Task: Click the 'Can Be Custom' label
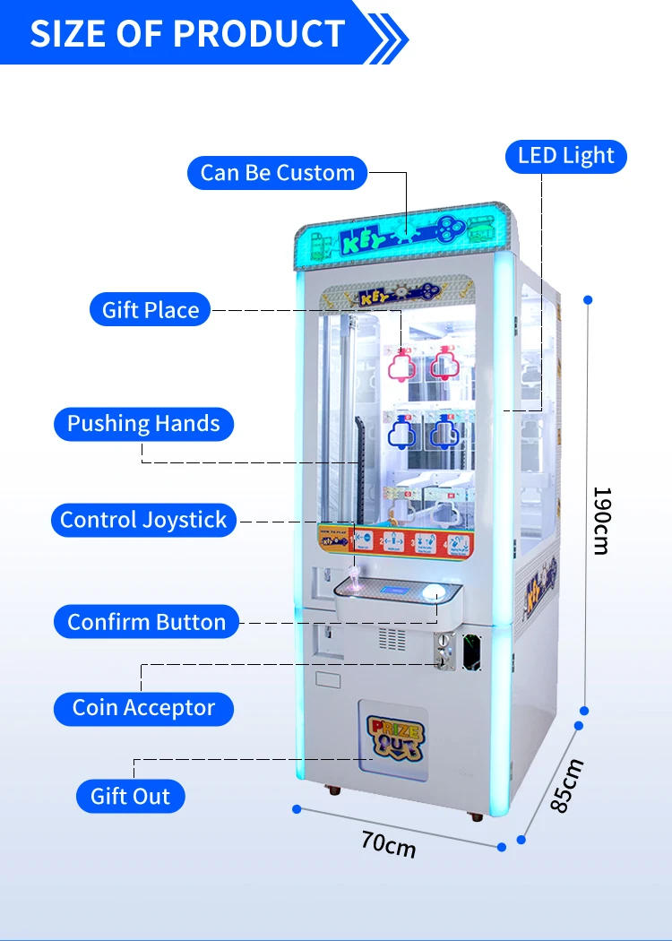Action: coord(278,173)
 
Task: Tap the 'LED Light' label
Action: coord(566,156)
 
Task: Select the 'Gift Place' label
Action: coord(151,310)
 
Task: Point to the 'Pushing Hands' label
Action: coord(143,424)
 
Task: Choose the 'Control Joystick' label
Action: coord(143,520)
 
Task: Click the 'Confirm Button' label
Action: coord(147,622)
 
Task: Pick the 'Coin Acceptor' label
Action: coord(143,708)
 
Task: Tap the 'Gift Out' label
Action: coord(131,796)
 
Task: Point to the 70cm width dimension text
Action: coord(389,843)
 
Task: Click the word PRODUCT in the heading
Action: coord(260,34)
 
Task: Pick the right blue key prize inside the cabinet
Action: coord(444,434)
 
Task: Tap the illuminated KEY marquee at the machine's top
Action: coord(408,235)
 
